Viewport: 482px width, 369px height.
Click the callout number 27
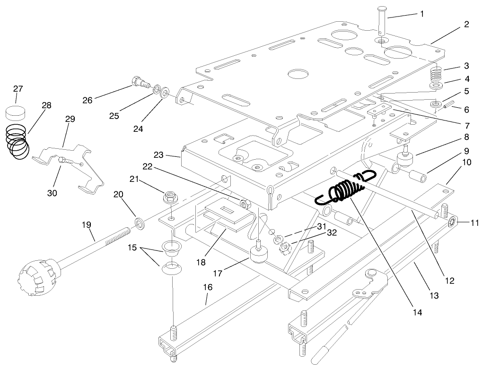(18, 89)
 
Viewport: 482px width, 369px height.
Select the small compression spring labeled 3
(438, 74)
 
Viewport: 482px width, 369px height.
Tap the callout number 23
(158, 154)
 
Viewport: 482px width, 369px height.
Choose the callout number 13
(434, 296)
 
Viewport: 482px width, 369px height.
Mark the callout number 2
(466, 24)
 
